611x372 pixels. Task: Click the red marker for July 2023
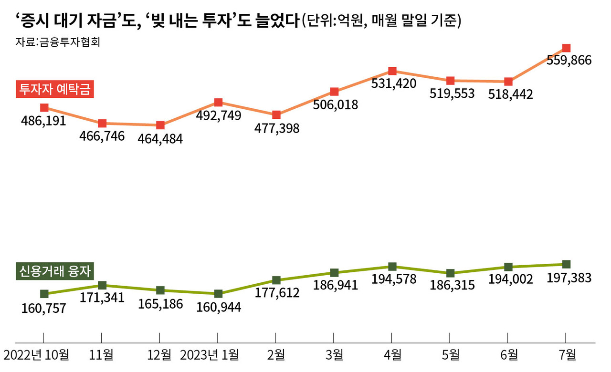(566, 48)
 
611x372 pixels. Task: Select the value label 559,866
(569, 61)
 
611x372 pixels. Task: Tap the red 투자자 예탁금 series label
(54, 89)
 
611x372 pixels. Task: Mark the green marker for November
(102, 285)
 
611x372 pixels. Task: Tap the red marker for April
(392, 71)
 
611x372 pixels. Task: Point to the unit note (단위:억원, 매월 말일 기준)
(381, 21)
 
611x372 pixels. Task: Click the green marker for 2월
(276, 280)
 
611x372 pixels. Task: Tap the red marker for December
(160, 125)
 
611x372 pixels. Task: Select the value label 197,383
(569, 278)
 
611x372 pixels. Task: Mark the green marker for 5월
(450, 273)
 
